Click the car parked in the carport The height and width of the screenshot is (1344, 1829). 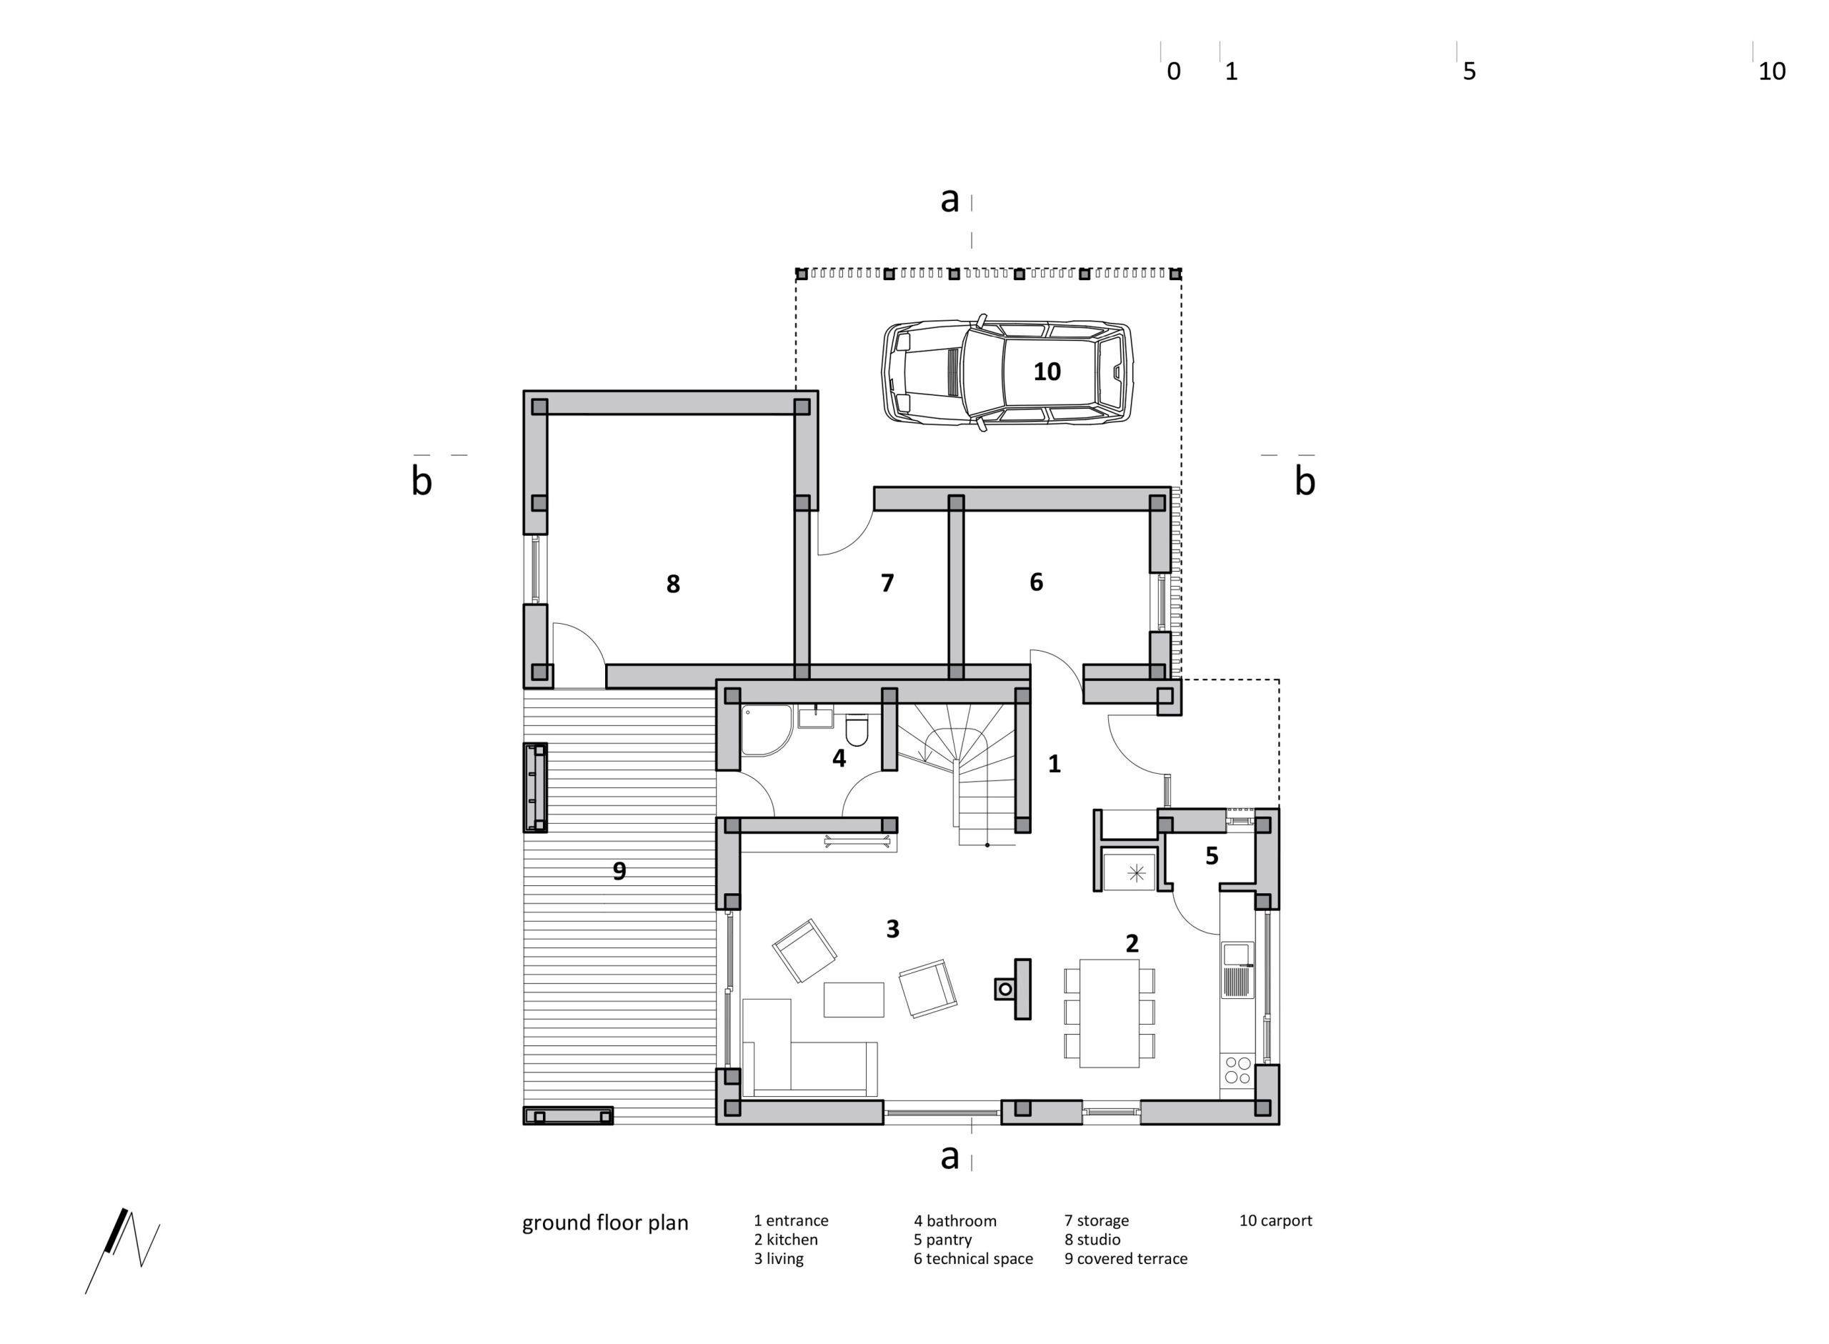coord(1007,372)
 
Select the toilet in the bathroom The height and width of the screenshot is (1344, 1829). coord(857,729)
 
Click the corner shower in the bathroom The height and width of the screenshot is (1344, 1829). coord(766,730)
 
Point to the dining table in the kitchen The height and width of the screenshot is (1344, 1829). coord(1108,1013)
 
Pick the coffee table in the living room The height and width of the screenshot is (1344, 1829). coord(853,999)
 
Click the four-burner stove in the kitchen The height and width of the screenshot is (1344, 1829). coord(1237,1069)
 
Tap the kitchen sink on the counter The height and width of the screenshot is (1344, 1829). coord(1237,970)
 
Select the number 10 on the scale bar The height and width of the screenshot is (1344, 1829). coord(1771,71)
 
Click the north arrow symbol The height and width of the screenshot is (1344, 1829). coord(122,1249)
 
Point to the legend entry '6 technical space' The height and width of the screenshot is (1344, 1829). coord(972,1258)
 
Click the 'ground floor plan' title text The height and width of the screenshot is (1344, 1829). coord(605,1223)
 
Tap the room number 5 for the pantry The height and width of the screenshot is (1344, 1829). coord(1211,856)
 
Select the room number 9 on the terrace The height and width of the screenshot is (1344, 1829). coord(619,871)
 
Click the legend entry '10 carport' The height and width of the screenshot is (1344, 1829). coord(1275,1220)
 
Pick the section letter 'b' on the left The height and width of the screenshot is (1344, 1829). coord(422,481)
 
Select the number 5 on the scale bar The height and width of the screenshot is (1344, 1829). coord(1469,71)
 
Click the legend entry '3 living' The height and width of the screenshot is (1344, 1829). coord(778,1258)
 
